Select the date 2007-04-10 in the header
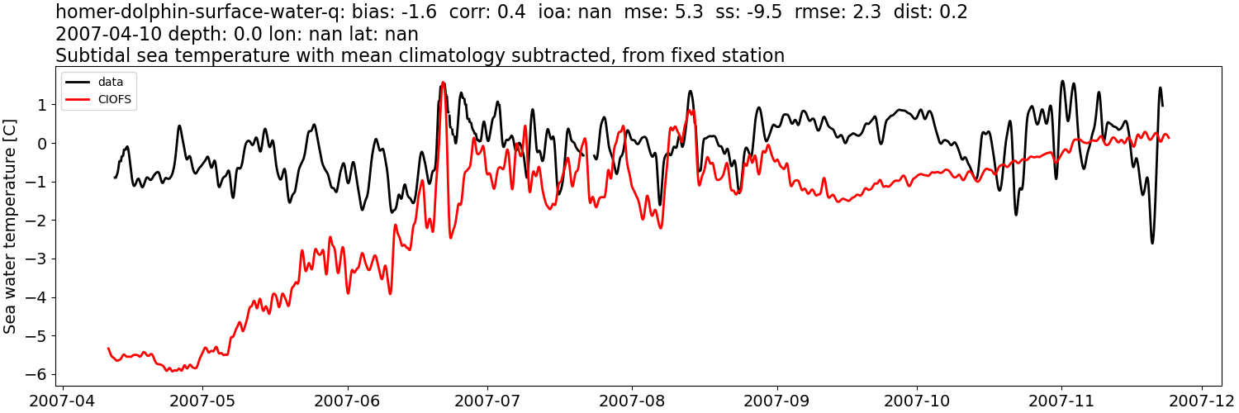(x=109, y=34)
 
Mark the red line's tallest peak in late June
(x=444, y=83)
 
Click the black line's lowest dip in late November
(x=1152, y=242)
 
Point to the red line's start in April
(x=108, y=349)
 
